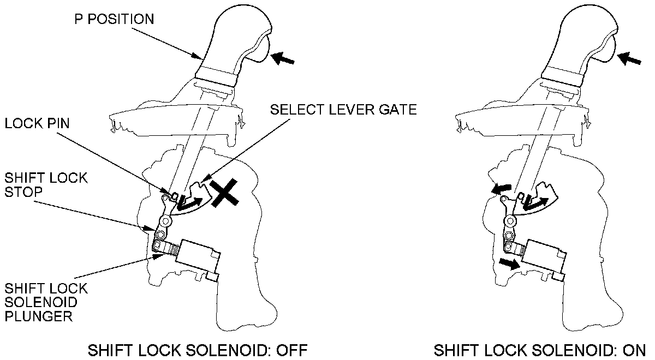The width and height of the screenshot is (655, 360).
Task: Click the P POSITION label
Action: click(114, 19)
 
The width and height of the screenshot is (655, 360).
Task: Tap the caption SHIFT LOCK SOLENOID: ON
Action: click(539, 349)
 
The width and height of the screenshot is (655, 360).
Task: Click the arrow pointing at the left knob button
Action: click(283, 57)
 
